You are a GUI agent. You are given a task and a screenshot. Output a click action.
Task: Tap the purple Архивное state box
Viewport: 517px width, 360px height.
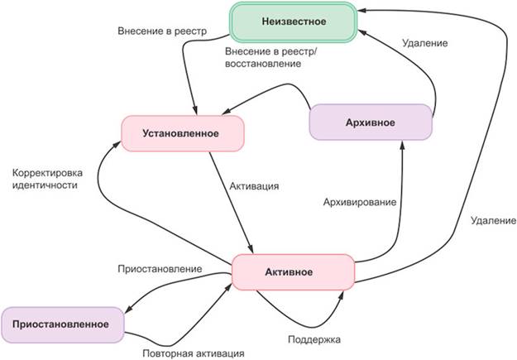coord(371,123)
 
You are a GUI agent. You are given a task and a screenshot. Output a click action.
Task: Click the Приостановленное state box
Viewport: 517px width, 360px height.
coord(63,324)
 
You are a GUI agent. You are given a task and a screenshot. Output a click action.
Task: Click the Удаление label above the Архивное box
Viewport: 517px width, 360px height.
coord(425,43)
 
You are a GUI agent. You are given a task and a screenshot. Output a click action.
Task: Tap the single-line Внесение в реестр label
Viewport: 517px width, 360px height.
coord(162,31)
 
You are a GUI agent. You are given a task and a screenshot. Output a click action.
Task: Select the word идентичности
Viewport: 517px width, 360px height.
coord(45,186)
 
